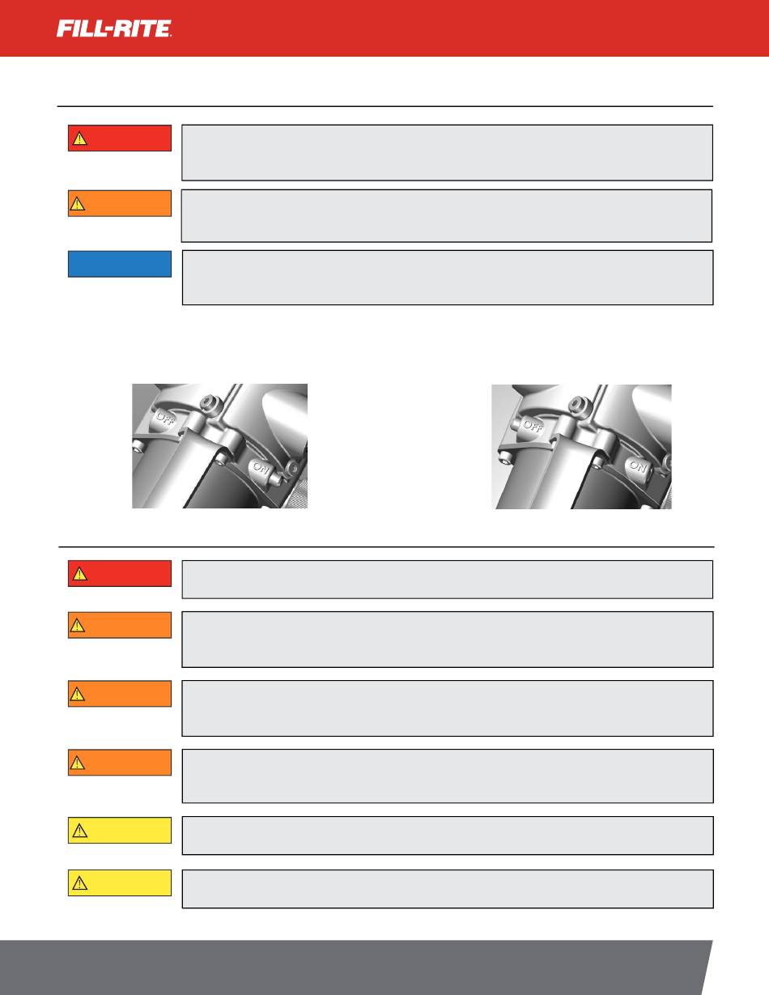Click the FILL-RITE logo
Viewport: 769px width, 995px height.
pos(114,28)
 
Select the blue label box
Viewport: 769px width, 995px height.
pos(120,264)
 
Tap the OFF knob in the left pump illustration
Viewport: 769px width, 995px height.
pos(165,418)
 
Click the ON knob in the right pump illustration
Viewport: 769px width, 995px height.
pos(638,466)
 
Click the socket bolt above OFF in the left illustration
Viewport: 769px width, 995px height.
pos(212,403)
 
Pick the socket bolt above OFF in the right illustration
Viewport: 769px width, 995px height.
pos(578,404)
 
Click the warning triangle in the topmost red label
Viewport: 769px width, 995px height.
pos(79,138)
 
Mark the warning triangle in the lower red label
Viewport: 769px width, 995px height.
pos(79,574)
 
